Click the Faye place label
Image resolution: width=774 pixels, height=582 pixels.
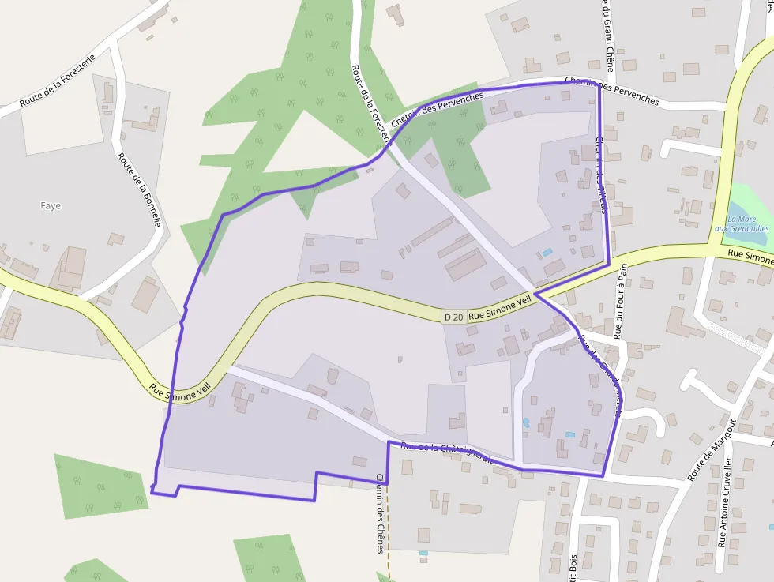51,206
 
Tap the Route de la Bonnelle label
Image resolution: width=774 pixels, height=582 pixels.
139,190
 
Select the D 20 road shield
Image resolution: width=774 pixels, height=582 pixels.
453,317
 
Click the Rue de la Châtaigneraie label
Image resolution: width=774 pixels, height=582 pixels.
448,452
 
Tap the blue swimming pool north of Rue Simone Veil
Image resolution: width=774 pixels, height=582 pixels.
547,253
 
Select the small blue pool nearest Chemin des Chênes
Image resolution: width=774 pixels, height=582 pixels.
423,553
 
